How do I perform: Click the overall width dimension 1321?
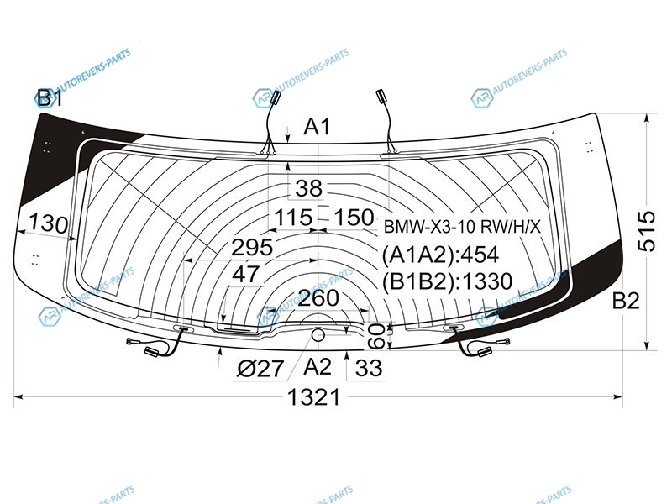pyautogui.click(x=313, y=396)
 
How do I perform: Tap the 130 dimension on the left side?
pyautogui.click(x=48, y=223)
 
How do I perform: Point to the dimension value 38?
pyautogui.click(x=308, y=188)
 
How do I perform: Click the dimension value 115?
pyautogui.click(x=293, y=218)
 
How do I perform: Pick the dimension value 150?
pyautogui.click(x=354, y=217)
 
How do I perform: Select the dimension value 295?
pyautogui.click(x=252, y=247)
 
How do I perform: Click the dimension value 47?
pyautogui.click(x=245, y=274)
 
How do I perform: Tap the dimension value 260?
pyautogui.click(x=318, y=298)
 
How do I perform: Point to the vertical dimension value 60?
pyautogui.click(x=376, y=337)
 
